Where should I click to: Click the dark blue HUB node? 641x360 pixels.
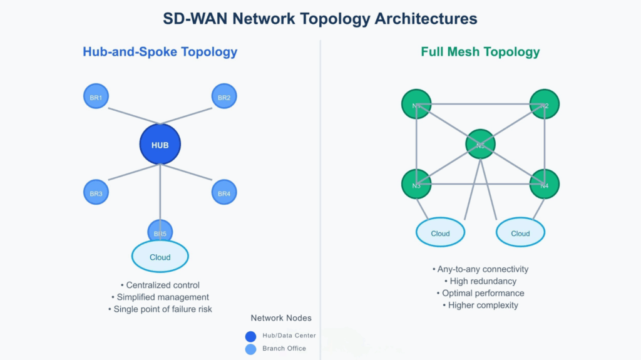coord(160,145)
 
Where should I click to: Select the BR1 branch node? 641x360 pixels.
coord(96,97)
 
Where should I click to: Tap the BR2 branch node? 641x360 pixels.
coord(223,97)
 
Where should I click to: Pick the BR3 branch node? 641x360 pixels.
coord(96,193)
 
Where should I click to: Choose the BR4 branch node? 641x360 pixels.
coord(223,193)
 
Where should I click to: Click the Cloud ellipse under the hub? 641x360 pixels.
coord(160,257)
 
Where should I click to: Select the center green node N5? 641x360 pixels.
coord(480,145)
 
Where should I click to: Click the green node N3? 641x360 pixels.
coord(416,185)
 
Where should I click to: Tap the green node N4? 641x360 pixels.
coord(544,185)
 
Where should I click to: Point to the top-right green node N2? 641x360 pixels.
coord(544,105)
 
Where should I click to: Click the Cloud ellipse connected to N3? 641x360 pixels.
coord(440,233)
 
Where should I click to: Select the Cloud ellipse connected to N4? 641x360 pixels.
coord(520,233)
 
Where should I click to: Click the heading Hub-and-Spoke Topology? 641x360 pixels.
coord(160,51)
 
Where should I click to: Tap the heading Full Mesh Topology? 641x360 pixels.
coord(480,51)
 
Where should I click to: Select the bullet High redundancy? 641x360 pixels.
coord(480,281)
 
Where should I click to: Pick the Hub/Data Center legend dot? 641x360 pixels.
coord(251,336)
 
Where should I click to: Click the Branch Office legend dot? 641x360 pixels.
coord(251,349)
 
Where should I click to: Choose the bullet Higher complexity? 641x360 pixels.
coord(480,305)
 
